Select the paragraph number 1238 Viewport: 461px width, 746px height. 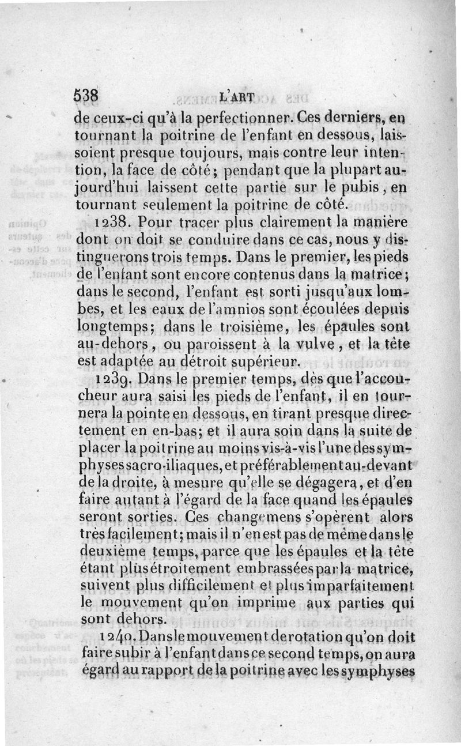(114, 222)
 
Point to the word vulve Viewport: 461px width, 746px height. (327, 346)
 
